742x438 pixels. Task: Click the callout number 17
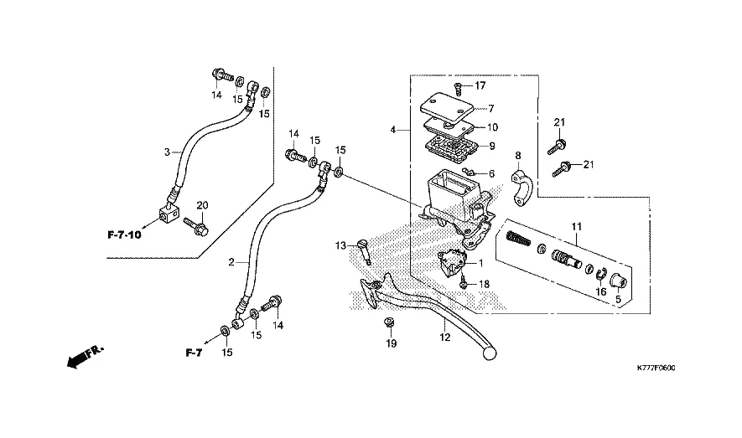480,86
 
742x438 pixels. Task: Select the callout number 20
201,205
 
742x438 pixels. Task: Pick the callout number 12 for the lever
445,338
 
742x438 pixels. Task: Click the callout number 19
391,343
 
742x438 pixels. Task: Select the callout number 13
341,245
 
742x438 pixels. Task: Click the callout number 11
576,227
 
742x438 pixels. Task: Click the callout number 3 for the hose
167,152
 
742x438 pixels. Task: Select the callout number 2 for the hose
231,262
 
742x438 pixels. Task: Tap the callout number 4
393,130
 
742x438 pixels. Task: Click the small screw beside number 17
459,87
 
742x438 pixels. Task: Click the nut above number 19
390,322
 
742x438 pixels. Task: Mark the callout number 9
491,146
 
